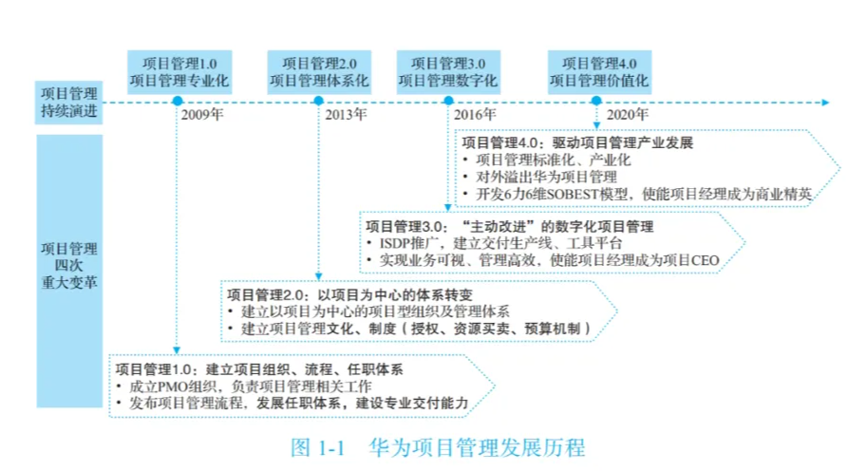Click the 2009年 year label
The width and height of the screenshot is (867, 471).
[203, 116]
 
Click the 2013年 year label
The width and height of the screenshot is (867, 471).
[346, 116]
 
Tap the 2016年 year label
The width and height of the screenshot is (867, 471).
[475, 116]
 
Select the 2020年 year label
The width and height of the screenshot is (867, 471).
[628, 116]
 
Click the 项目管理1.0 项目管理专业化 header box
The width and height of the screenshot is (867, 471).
[179, 71]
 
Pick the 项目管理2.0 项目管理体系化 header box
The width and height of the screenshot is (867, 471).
[318, 71]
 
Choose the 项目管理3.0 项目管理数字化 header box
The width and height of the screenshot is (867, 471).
[447, 71]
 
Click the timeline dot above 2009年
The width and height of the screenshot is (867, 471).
[178, 102]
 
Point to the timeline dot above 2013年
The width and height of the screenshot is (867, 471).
[318, 102]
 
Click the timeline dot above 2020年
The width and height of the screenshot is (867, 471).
[596, 102]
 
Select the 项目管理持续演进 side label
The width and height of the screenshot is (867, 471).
[68, 103]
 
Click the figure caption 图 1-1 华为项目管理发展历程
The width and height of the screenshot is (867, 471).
[437, 446]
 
